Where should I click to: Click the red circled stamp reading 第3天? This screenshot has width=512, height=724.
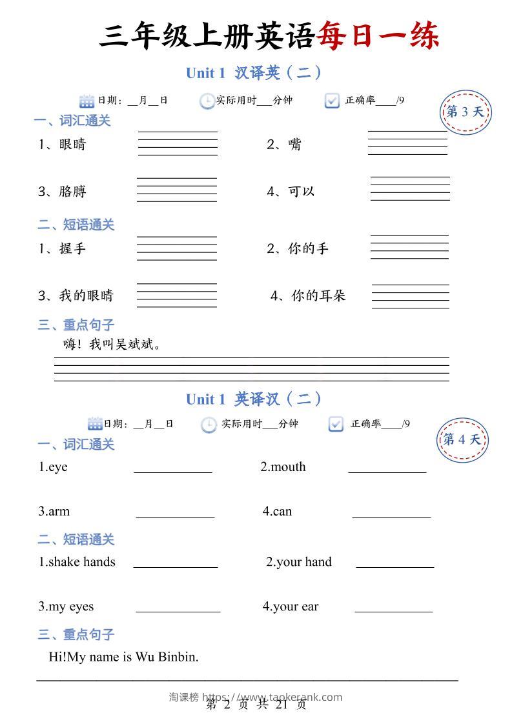(x=464, y=112)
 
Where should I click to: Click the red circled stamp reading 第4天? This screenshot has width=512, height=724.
(x=462, y=440)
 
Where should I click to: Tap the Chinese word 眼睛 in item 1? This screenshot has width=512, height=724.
(x=72, y=145)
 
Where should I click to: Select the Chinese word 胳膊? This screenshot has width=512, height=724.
(x=72, y=192)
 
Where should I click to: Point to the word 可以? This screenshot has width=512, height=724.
(x=301, y=192)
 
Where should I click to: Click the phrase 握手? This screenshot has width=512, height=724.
(x=72, y=248)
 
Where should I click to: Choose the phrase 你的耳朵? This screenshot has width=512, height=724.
(x=318, y=296)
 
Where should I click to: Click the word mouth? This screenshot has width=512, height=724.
(x=288, y=467)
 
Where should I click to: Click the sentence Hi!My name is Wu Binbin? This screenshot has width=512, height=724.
(x=123, y=657)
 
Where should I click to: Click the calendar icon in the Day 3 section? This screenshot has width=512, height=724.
(x=87, y=101)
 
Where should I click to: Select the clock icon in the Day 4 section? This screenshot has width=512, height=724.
(x=209, y=425)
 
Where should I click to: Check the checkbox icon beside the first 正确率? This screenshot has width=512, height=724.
(x=332, y=101)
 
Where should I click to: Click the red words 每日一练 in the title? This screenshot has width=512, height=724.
(x=378, y=36)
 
